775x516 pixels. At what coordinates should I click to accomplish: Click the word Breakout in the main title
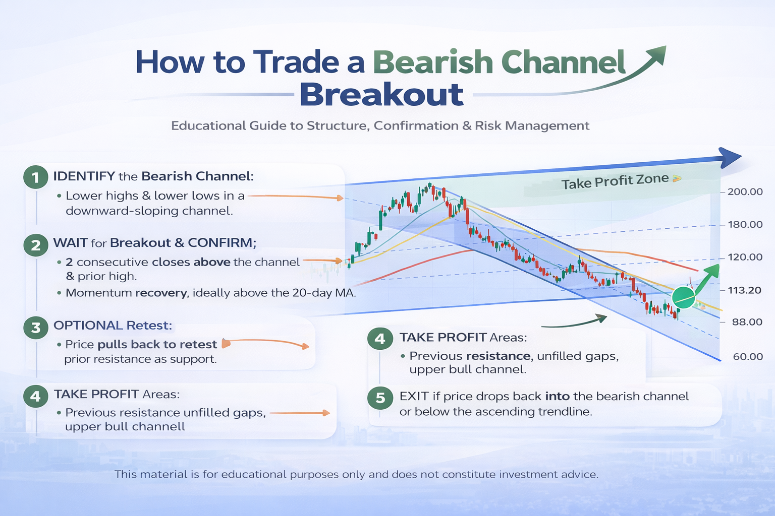point(381,95)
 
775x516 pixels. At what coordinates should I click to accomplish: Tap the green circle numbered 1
point(36,177)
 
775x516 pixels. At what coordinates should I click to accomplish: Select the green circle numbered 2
point(36,245)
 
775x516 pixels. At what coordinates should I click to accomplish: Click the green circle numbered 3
point(36,328)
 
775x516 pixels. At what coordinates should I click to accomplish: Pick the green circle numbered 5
point(380,398)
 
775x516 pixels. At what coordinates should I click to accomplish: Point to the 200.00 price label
point(745,192)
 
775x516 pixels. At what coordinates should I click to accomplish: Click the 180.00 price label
point(745,225)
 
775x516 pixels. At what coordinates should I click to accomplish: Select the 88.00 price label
point(747,322)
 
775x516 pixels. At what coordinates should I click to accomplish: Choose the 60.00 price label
point(748,357)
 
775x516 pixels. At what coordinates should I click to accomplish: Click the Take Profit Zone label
point(615,181)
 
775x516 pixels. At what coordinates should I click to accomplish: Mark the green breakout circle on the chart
point(684,297)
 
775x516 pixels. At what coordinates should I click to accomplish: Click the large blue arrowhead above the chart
point(728,158)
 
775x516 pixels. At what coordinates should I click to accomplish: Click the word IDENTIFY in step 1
point(84,176)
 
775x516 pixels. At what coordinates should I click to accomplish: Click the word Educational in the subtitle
point(208,125)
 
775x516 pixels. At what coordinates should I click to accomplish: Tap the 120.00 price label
point(745,257)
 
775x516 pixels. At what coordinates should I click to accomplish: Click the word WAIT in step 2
point(70,242)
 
